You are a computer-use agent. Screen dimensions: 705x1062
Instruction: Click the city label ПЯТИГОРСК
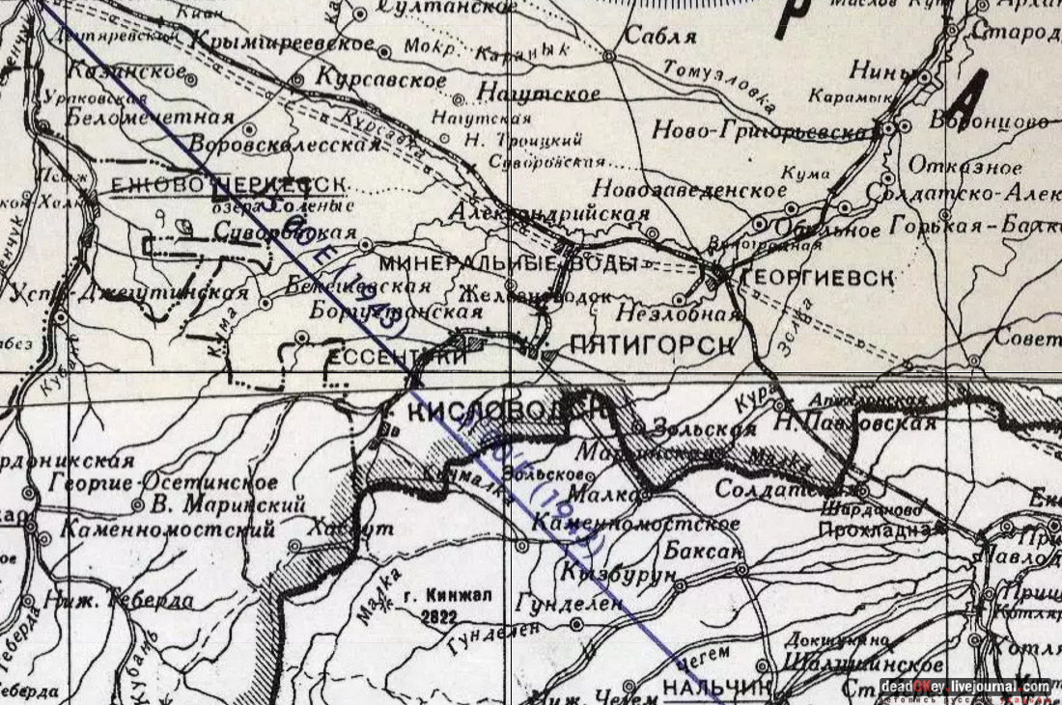[653, 344]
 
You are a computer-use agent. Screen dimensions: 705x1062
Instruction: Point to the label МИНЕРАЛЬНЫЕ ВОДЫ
[508, 263]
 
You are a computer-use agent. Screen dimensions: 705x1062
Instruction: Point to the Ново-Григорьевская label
[763, 129]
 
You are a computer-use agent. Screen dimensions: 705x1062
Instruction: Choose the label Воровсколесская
[286, 144]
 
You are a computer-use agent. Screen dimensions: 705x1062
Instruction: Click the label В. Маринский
[230, 504]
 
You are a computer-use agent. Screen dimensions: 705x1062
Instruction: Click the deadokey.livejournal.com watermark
[965, 687]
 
